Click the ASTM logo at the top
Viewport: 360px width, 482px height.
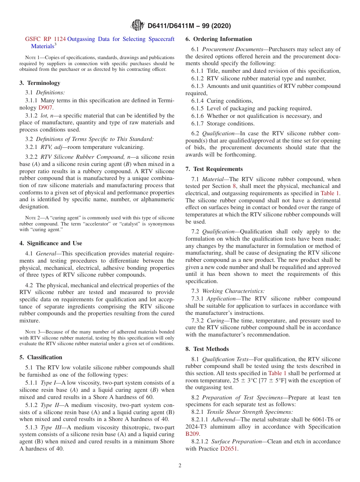point(137,25)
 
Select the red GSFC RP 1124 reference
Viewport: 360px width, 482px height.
point(45,39)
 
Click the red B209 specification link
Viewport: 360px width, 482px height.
point(193,434)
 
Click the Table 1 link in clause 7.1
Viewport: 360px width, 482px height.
point(330,193)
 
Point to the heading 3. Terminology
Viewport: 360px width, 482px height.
point(40,83)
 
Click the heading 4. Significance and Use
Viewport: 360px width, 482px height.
point(51,243)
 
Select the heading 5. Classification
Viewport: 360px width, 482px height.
point(41,357)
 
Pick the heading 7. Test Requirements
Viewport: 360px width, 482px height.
point(214,169)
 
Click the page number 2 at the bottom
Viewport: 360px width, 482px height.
point(180,466)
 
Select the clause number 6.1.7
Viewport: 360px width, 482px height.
point(197,124)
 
